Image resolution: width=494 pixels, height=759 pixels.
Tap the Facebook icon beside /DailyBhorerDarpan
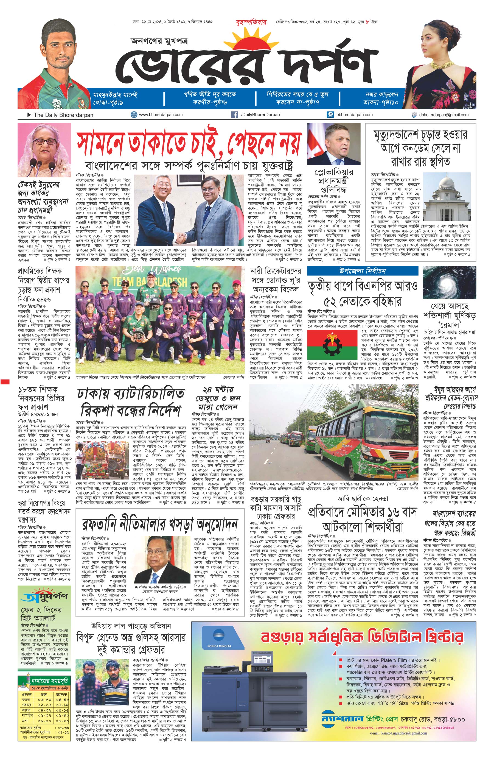click(x=235, y=115)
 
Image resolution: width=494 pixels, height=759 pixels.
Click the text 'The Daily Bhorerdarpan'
click(x=63, y=115)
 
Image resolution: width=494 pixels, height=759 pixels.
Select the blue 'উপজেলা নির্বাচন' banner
click(x=362, y=271)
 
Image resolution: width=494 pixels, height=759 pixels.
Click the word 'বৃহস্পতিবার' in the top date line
click(x=251, y=22)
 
